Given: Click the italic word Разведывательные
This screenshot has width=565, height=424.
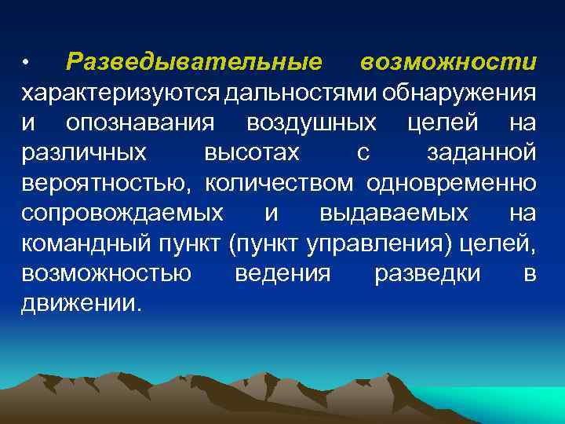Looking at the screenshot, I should (194, 61).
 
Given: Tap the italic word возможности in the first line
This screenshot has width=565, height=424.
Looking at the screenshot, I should (449, 61).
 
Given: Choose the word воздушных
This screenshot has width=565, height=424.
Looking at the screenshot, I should (312, 122).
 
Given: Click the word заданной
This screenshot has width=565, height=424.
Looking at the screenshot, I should (482, 152).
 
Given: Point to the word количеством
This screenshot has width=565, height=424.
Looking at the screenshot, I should (280, 182).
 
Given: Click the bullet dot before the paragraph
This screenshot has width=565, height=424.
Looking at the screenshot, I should (26, 62).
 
